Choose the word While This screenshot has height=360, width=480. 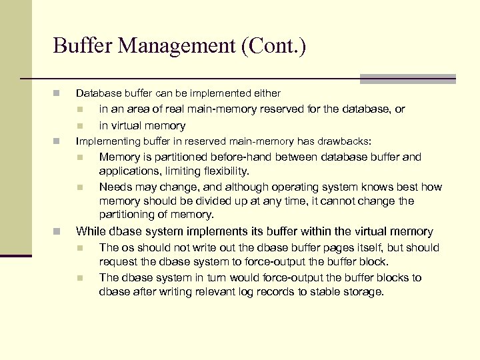click(91, 232)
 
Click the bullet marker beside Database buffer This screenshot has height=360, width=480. click(57, 93)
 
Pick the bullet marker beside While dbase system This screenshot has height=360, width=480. click(57, 232)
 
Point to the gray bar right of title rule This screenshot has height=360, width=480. click(407, 79)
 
